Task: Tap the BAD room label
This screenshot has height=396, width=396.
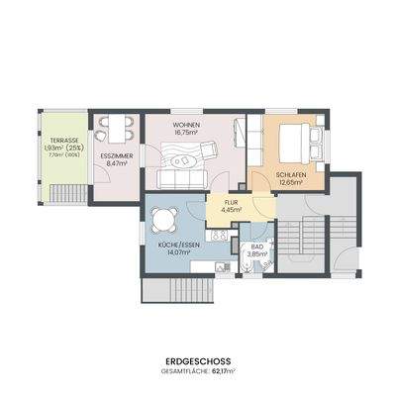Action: pos(256,246)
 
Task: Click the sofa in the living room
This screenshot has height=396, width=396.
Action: pos(183,178)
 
